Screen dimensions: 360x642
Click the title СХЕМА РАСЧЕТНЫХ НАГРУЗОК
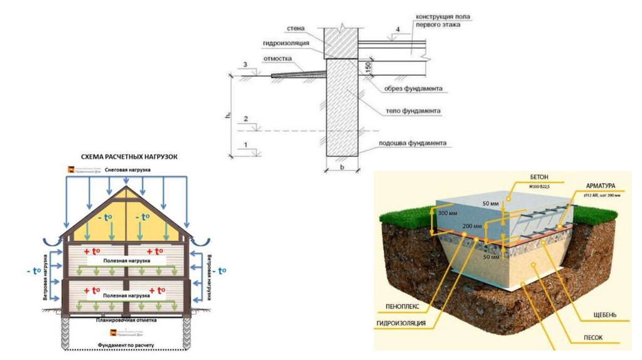pyautogui.click(x=129, y=157)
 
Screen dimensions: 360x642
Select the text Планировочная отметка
pyautogui.click(x=126, y=319)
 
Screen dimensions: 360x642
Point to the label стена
pyautogui.click(x=296, y=29)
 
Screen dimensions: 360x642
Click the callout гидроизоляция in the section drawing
pyautogui.click(x=285, y=43)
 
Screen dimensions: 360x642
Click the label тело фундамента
pyautogui.click(x=413, y=111)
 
